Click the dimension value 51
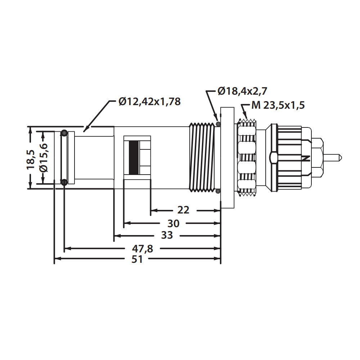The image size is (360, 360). pos(137,259)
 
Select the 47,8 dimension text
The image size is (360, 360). pos(142,249)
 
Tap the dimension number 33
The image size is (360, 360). pos(167,235)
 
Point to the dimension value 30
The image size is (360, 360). pos(174,224)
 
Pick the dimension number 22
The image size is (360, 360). pos(183,210)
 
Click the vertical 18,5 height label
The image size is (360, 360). pos(31,160)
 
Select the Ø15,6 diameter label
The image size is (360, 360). pos(44,158)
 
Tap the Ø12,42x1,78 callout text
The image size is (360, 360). pos(150,102)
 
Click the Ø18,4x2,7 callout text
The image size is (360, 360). pos(242,91)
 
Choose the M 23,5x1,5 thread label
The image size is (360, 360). pos(278,105)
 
